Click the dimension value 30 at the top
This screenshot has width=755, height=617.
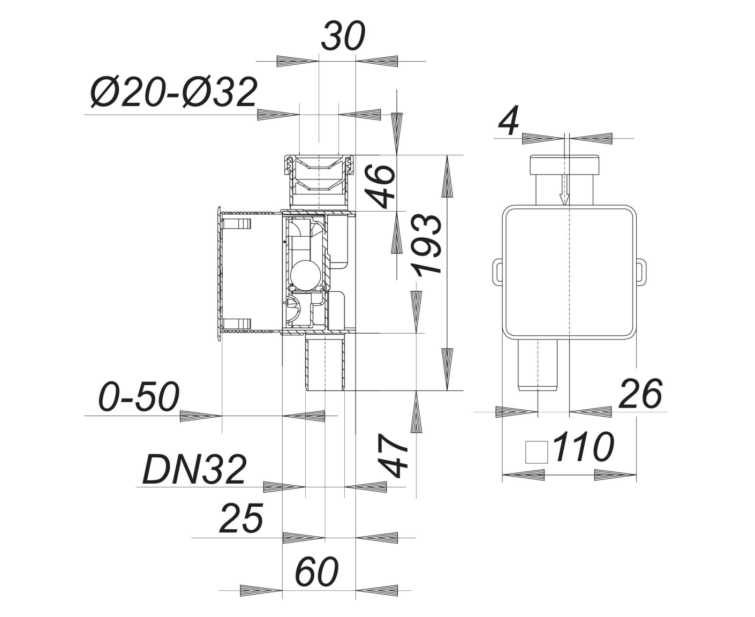(x=343, y=36)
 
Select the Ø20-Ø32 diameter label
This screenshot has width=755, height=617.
(x=173, y=93)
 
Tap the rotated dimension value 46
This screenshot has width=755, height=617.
(x=380, y=186)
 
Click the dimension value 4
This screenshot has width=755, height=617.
(x=509, y=121)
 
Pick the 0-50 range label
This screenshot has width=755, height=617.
(x=139, y=396)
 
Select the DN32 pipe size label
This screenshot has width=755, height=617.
(x=194, y=470)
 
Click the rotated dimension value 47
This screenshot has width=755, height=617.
(x=393, y=456)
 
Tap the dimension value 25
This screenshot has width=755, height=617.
(x=241, y=518)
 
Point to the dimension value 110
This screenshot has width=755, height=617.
(x=583, y=446)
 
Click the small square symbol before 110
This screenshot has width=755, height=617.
(x=537, y=452)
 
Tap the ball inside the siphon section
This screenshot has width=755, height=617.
(x=305, y=275)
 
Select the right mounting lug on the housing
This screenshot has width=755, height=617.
(x=641, y=272)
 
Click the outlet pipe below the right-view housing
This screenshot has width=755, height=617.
(x=538, y=365)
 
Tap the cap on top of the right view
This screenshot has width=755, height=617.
(x=564, y=164)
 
